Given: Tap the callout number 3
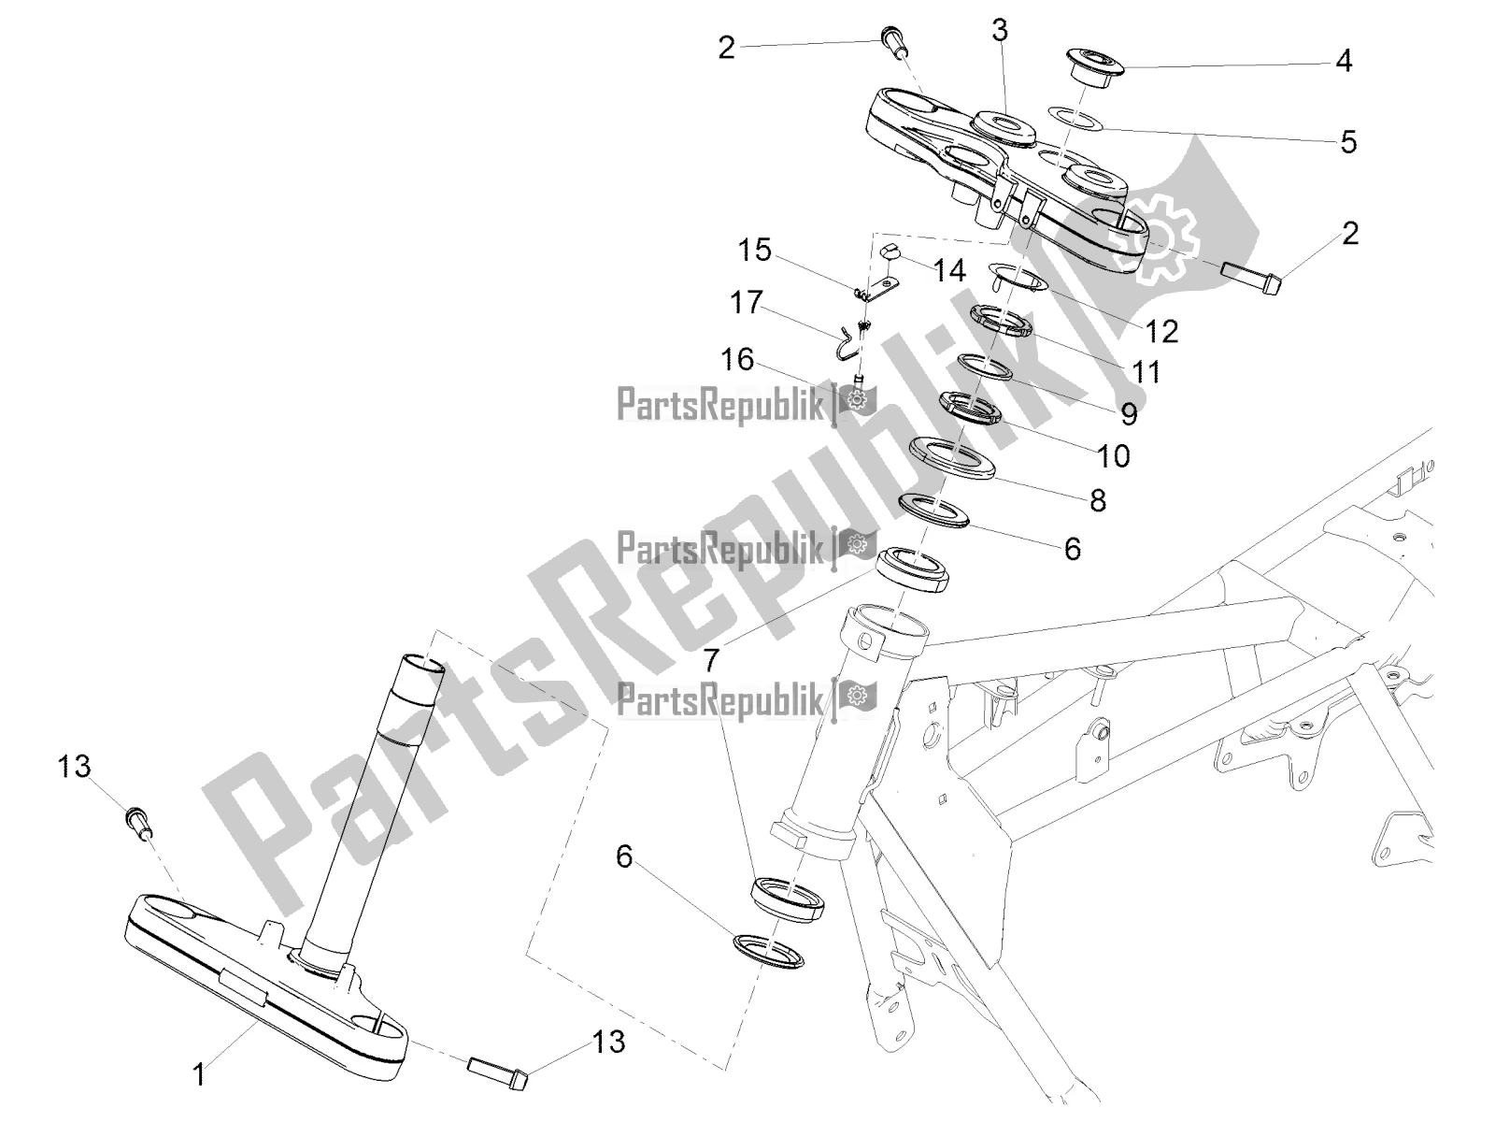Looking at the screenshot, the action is tap(999, 31).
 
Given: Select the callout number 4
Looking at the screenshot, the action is tap(1343, 62).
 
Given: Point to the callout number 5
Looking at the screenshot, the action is tap(1348, 142).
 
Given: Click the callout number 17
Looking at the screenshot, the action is tap(747, 302).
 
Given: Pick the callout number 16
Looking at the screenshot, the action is tap(737, 359).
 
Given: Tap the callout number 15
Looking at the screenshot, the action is tap(755, 250).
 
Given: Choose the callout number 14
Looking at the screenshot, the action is tap(948, 271).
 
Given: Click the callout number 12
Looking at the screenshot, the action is tap(1161, 332).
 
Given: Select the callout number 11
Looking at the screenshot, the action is tap(1146, 372).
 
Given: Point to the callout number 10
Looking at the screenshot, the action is tap(1114, 455).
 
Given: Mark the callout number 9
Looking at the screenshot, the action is tap(1129, 414).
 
